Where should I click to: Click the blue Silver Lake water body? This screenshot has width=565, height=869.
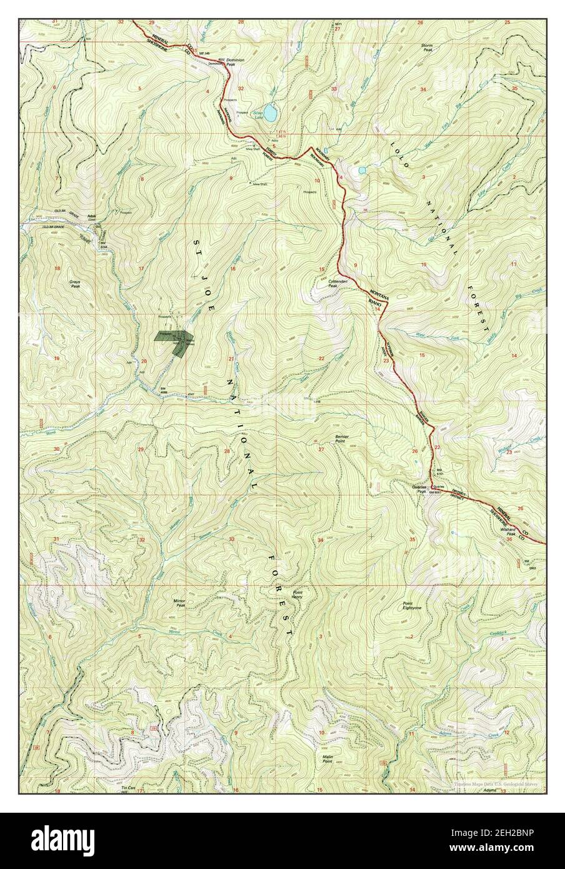point(270,113)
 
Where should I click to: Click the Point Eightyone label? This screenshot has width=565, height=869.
point(411,606)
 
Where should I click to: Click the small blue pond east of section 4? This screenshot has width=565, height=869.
point(361,170)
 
